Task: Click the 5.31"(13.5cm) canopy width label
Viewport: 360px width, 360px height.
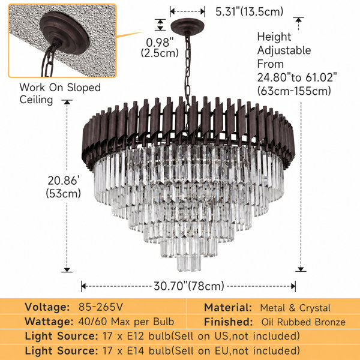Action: point(250,11)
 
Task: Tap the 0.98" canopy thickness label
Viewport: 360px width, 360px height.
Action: point(160,43)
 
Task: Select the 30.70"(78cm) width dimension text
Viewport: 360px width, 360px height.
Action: point(189,286)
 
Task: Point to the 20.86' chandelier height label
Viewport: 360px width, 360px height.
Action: point(64,181)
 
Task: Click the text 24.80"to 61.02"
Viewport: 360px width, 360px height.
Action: point(297,77)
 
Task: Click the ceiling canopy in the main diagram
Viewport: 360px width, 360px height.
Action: point(187,26)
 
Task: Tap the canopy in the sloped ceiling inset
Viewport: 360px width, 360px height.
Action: point(65,32)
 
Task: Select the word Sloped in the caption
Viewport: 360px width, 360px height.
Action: point(84,88)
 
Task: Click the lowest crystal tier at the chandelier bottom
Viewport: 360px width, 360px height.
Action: point(189,263)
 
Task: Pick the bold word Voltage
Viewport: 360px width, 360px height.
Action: point(47,307)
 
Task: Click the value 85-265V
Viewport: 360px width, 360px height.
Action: point(101,307)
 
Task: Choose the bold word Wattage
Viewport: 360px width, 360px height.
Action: point(49,322)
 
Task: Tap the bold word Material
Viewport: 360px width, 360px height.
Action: point(228,308)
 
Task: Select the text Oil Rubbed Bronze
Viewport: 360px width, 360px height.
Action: point(303,322)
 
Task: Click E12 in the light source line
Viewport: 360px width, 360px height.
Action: point(135,336)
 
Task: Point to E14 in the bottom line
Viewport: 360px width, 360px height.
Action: point(135,351)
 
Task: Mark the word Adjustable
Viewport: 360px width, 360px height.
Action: point(284,51)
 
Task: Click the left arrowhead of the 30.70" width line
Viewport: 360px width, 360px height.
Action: point(83,286)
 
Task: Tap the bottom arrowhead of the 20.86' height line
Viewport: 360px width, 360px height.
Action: point(67,270)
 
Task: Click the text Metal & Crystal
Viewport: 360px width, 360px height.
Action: point(295,308)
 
